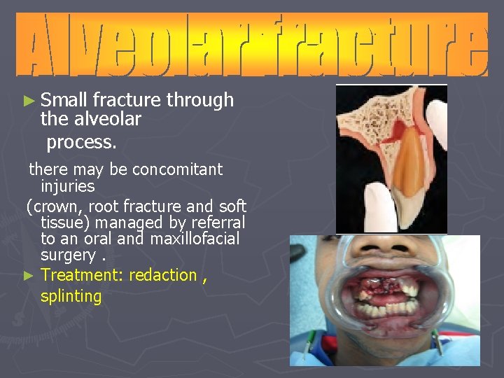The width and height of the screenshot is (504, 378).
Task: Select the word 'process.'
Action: [81, 142]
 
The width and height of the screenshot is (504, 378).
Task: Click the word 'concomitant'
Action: [177, 169]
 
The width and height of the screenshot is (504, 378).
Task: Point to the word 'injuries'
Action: [67, 186]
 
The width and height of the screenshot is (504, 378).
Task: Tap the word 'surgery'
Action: [69, 255]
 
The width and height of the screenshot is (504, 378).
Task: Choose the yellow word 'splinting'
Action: [71, 296]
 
